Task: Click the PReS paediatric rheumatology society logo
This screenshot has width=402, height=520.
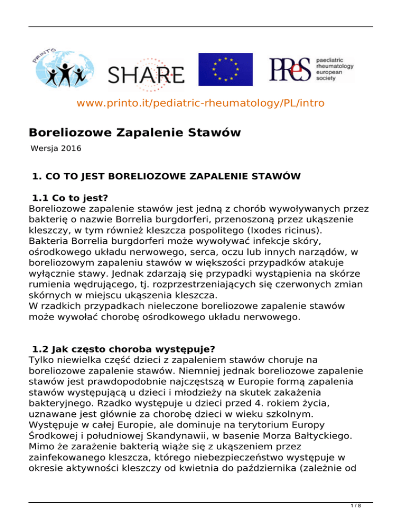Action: click(311, 69)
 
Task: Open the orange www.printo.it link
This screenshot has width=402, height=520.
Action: click(200, 103)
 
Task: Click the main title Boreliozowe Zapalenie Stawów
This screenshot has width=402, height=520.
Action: click(135, 133)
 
